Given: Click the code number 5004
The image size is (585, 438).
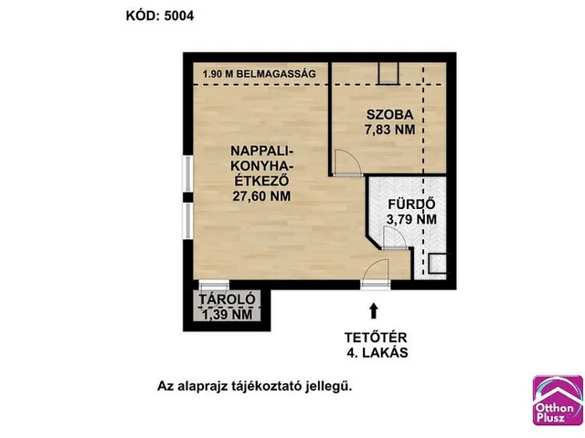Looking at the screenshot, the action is [179, 16].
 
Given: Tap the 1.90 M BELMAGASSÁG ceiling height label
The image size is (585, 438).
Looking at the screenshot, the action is [260, 73].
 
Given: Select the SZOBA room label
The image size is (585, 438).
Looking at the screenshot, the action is [390, 114].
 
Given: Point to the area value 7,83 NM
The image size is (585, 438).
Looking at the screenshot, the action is [390, 130].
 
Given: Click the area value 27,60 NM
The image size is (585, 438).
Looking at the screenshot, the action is [261, 196].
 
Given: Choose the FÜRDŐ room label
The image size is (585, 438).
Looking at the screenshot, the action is [411, 204].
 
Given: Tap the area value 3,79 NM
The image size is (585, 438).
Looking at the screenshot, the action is [411, 219].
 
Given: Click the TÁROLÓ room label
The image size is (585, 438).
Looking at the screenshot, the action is [227, 299].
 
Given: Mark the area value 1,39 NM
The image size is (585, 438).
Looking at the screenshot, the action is [227, 315].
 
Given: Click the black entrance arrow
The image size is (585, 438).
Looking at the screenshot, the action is [374, 311].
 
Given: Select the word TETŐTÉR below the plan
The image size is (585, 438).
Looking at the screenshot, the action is [376, 338].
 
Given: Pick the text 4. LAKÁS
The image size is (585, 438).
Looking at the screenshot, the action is [378, 352].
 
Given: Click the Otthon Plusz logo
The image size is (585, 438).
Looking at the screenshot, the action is [558, 401].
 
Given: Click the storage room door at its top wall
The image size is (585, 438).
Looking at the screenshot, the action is [214, 286].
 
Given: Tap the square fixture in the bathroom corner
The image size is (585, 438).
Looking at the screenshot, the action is [437, 264].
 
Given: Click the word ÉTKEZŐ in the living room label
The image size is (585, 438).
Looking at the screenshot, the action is [261, 181].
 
